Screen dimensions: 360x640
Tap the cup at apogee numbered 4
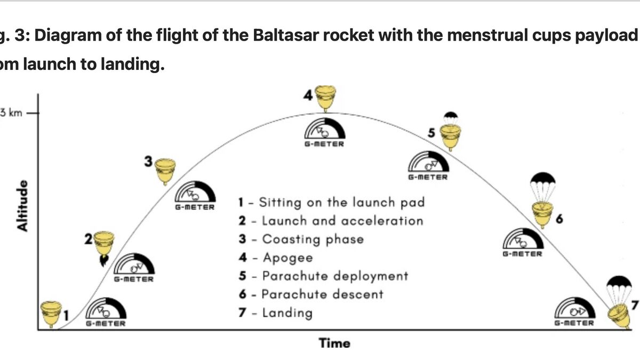click(x=326, y=98)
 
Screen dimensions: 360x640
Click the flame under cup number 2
click(x=102, y=259)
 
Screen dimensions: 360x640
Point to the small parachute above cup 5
click(x=451, y=116)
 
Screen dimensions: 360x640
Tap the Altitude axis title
click(x=22, y=205)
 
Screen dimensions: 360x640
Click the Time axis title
click(x=335, y=343)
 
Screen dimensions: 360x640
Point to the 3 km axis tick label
click(x=12, y=113)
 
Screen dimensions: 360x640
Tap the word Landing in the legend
click(x=287, y=312)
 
